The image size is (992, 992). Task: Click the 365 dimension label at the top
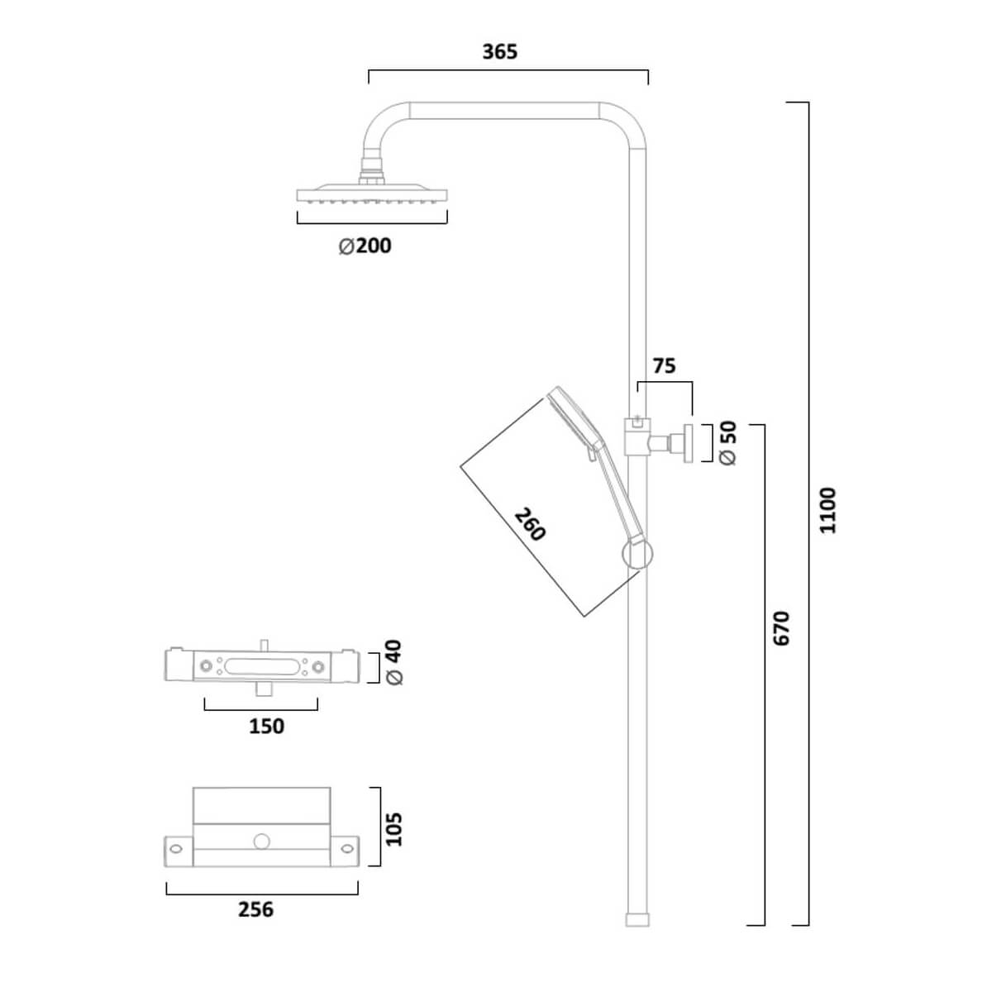499,52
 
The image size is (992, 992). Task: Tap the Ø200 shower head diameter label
365,246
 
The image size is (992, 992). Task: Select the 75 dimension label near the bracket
664,365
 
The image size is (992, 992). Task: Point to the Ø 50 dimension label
727,443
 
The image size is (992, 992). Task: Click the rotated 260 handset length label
530,524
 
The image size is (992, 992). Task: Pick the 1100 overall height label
827,511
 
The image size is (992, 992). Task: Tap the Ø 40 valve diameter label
393,662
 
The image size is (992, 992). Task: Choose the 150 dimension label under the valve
266,726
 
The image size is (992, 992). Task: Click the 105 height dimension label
393,828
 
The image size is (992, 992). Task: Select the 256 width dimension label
255,909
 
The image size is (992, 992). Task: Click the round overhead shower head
372,196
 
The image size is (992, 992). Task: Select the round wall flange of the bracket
687,443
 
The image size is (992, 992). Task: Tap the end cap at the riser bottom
637,919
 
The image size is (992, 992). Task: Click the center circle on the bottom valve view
262,843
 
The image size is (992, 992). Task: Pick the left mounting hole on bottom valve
175,847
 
